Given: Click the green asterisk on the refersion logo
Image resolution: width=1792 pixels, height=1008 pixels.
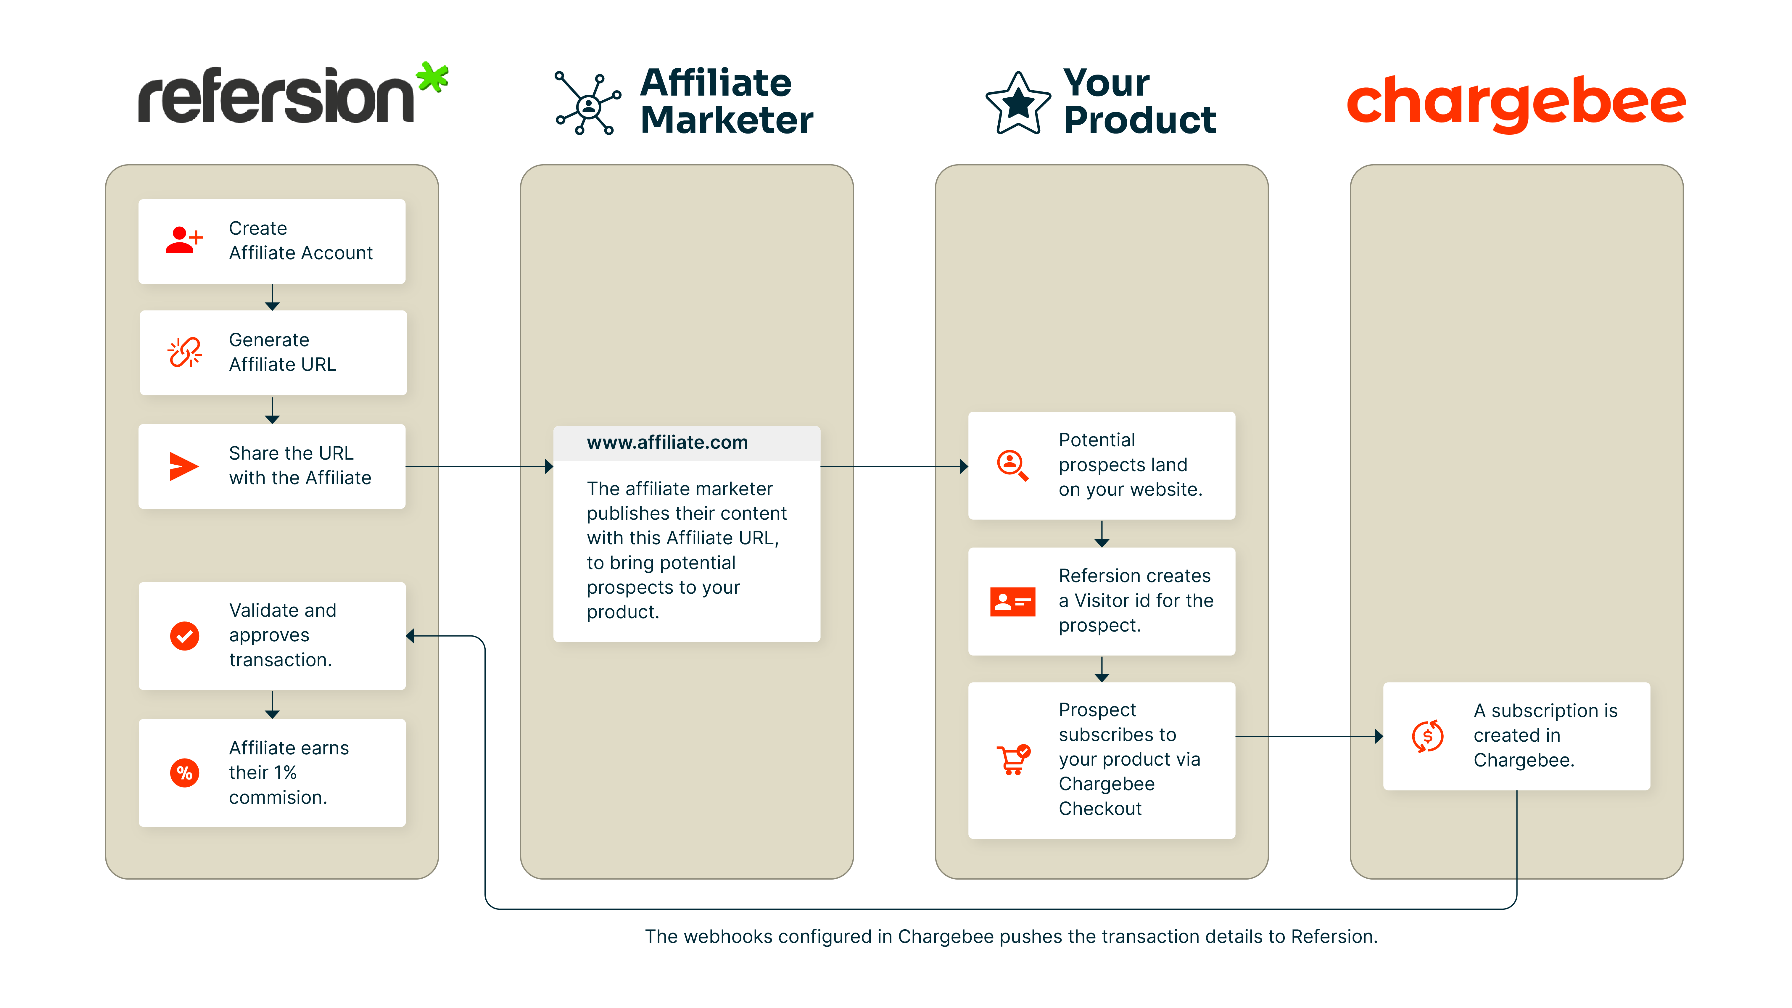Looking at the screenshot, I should pos(433,77).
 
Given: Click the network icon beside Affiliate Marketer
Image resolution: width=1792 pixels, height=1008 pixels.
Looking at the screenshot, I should pos(588,104).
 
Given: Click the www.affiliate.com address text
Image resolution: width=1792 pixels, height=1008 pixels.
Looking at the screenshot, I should pos(667,442).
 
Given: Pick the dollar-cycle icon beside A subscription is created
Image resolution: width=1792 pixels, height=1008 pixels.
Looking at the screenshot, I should pos(1427,736).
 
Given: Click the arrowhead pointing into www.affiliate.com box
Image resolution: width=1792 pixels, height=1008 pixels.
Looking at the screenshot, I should pos(549,467).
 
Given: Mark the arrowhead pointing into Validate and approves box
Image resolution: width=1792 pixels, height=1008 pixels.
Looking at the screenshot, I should pos(410,636).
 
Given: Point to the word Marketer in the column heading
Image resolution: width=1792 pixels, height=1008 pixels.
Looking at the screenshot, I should pos(727,120).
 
